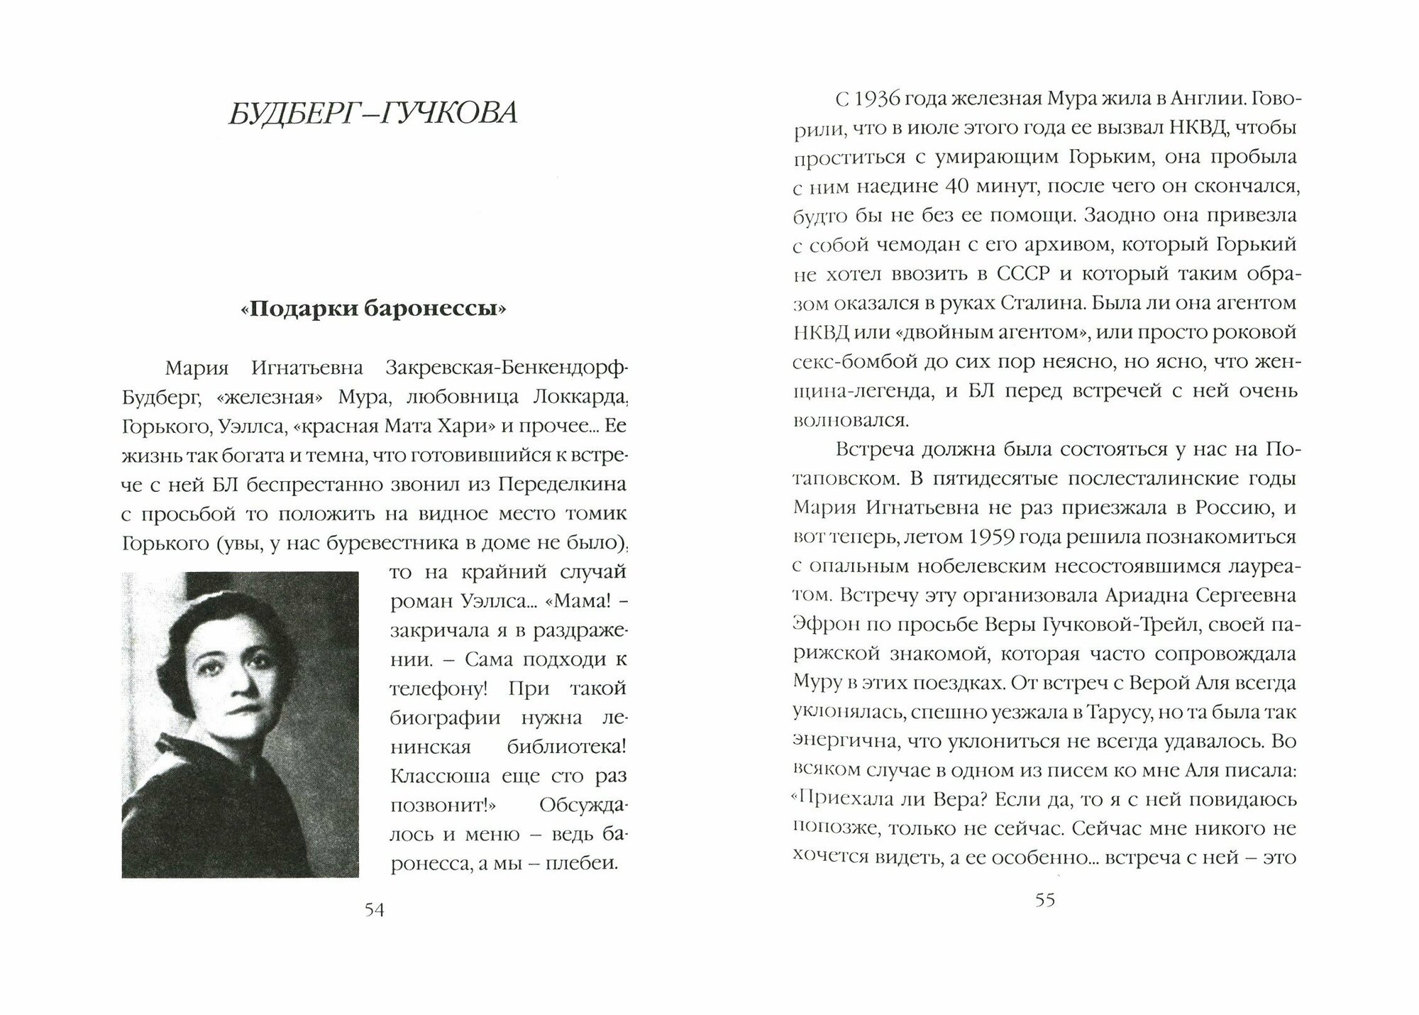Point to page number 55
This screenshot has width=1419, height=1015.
click(1045, 900)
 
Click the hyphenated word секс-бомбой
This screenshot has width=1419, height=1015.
click(841, 362)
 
